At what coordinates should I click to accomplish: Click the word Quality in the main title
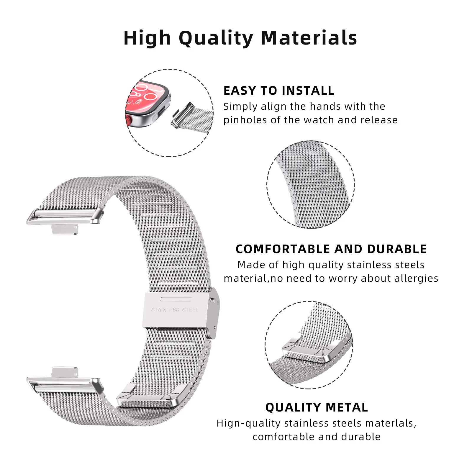pos(216,38)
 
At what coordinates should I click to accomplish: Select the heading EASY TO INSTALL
pos(279,91)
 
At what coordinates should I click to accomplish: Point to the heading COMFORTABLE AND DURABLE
pos(331,249)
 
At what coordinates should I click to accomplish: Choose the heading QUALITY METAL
pos(317,407)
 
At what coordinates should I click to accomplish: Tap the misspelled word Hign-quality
pos(248,423)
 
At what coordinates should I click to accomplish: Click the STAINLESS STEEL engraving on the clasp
pos(175,309)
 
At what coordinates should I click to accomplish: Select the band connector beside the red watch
pos(183,115)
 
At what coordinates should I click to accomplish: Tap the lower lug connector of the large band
pos(65,385)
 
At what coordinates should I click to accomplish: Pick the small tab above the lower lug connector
pos(65,372)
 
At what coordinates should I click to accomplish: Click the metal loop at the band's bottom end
pos(150,397)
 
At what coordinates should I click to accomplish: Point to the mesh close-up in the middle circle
pos(311,185)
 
